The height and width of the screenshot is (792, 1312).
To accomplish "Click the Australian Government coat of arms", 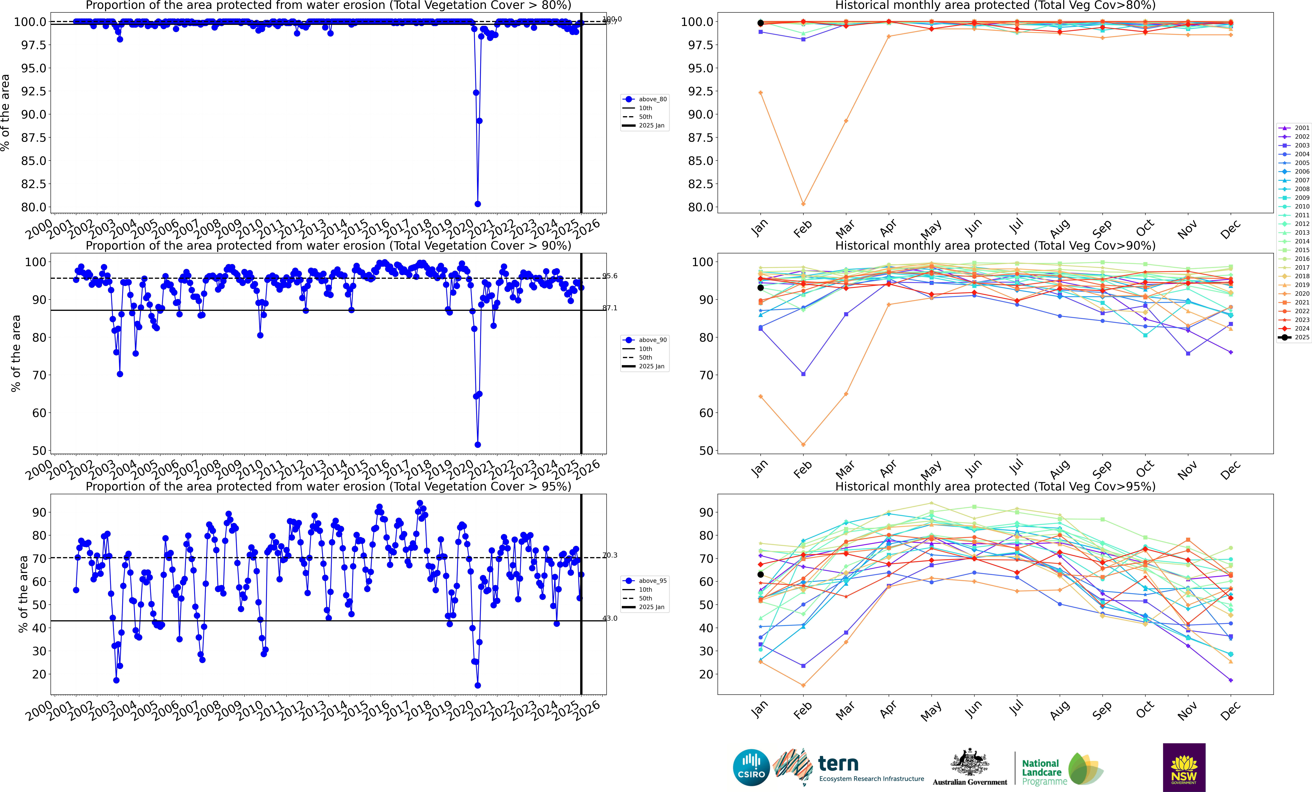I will point(970,763).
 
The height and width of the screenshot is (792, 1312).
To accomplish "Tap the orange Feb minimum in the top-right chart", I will point(803,204).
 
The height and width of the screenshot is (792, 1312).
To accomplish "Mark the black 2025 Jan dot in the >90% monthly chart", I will point(760,288).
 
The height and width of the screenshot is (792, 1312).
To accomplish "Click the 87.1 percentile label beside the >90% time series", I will point(610,308).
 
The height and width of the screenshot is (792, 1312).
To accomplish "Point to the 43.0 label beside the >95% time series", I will point(610,618).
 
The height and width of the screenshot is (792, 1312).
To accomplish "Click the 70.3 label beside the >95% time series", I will point(610,555).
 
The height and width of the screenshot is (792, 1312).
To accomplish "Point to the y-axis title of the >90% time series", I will point(16,353).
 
